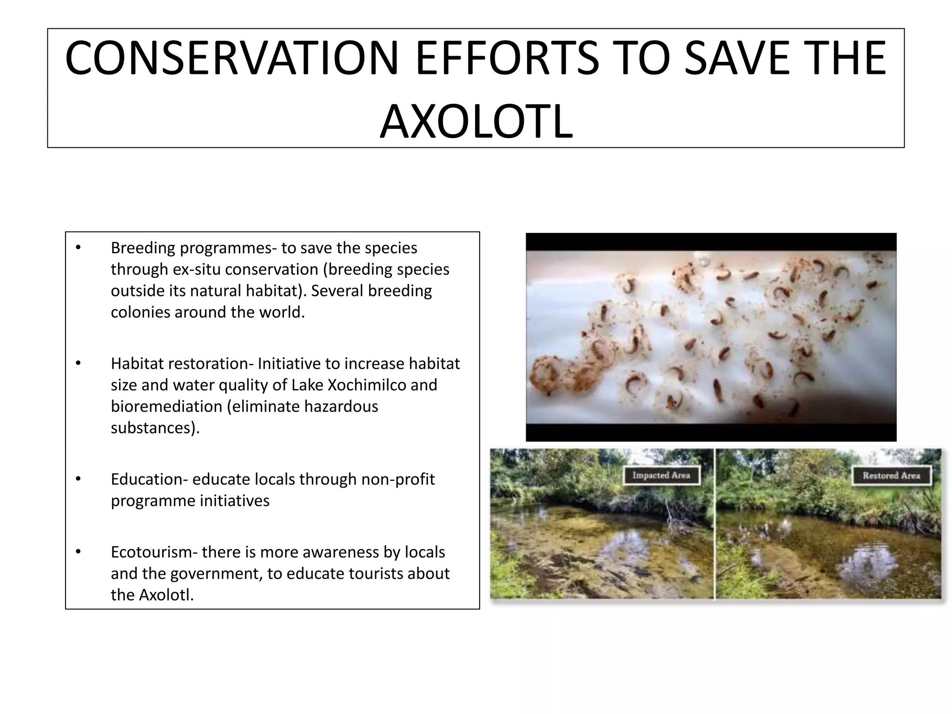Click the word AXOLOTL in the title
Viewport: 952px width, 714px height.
(x=476, y=122)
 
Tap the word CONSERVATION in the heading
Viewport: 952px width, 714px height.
(x=231, y=58)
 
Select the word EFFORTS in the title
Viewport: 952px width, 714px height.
(x=507, y=58)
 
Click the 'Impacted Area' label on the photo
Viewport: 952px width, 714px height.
(x=661, y=476)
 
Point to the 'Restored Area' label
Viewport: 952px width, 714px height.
(x=891, y=476)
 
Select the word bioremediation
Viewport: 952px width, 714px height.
(x=166, y=406)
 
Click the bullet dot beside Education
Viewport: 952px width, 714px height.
(x=78, y=479)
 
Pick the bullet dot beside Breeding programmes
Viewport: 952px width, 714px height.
(x=78, y=248)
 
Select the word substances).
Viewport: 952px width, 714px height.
(x=155, y=428)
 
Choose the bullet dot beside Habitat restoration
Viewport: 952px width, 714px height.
(x=78, y=364)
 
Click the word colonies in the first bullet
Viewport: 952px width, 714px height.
(x=140, y=312)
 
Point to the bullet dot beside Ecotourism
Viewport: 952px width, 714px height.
(x=78, y=552)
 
